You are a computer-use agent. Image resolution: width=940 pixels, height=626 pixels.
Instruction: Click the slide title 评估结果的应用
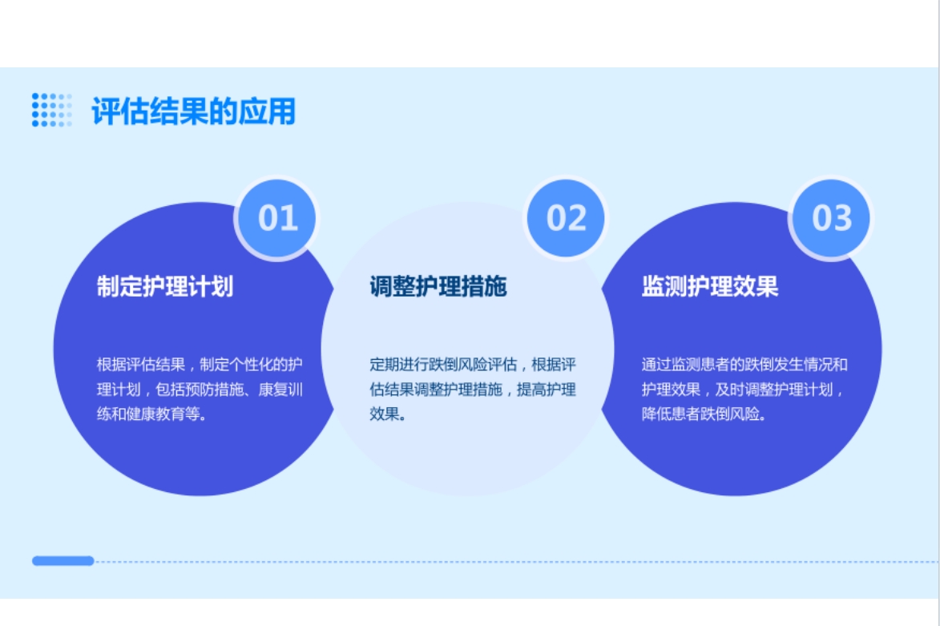194,111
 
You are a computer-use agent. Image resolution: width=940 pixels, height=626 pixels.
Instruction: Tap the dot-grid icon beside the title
51,110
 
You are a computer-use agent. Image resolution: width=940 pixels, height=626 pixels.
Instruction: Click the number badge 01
277,218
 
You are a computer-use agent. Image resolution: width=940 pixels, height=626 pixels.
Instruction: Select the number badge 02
565,218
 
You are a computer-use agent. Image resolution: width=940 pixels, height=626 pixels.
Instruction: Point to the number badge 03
831,218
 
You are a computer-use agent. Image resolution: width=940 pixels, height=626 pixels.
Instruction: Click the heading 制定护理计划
165,287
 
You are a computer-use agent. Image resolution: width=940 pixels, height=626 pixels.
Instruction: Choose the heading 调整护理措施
438,287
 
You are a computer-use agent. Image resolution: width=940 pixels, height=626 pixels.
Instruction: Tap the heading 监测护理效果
710,287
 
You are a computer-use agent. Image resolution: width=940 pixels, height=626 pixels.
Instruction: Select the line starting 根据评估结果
200,365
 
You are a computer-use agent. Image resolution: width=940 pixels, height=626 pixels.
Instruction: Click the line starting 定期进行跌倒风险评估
472,365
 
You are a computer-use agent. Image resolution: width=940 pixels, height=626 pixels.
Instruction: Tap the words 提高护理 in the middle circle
547,390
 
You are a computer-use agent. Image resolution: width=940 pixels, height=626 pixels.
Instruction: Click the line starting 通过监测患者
744,365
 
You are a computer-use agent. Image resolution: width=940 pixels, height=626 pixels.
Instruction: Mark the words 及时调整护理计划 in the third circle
774,390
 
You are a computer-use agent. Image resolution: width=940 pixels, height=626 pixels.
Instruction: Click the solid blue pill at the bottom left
63,560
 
